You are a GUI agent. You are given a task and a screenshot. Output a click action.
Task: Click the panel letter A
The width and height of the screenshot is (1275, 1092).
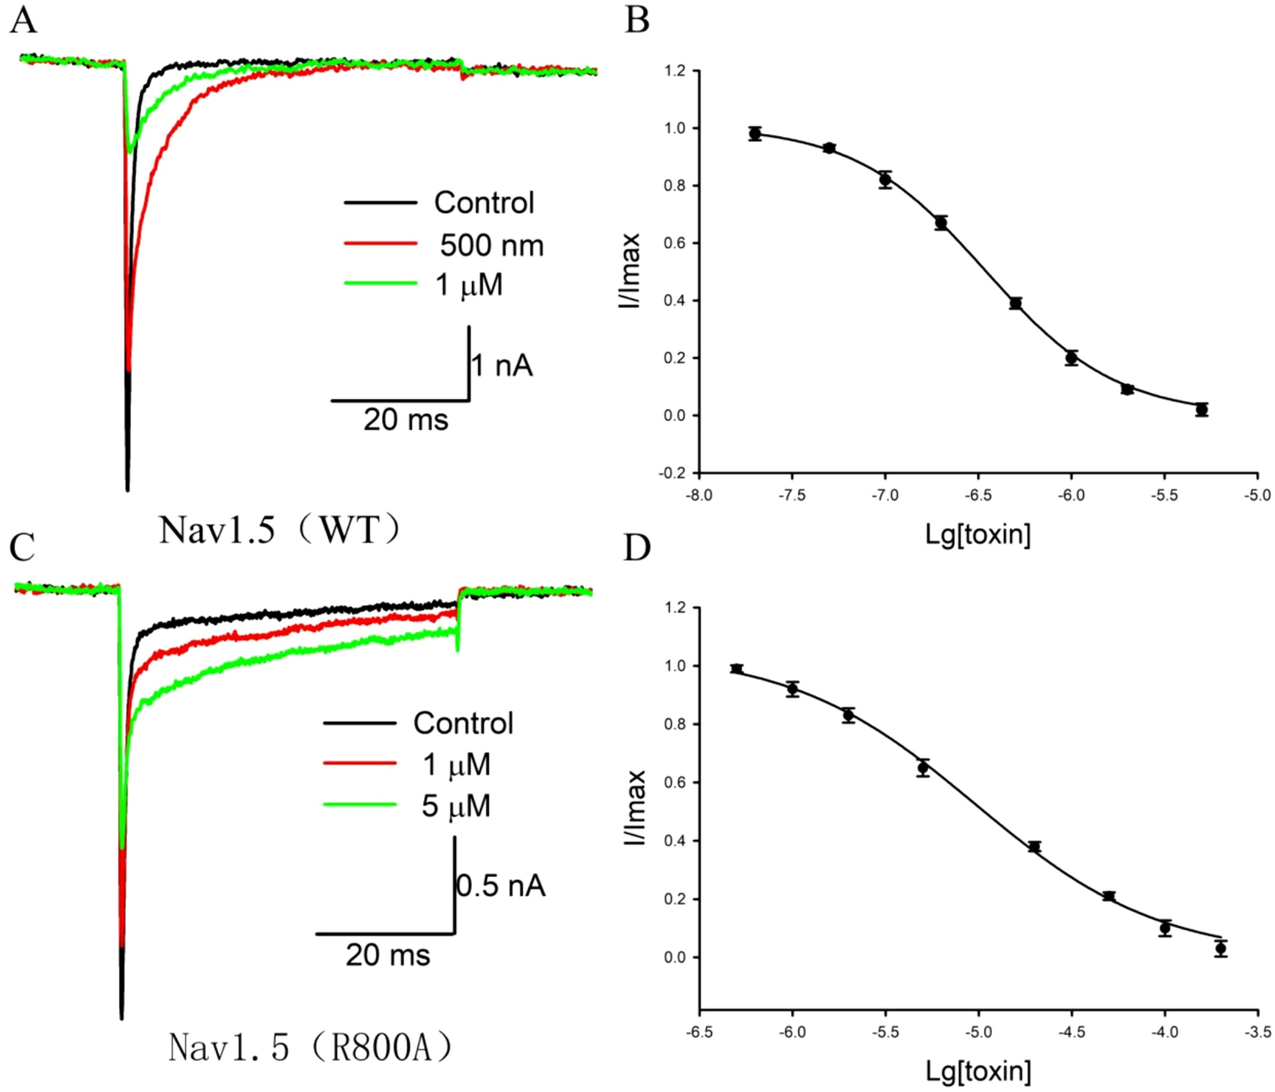click(23, 19)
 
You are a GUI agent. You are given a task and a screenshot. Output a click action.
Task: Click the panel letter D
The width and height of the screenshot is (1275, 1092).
click(637, 547)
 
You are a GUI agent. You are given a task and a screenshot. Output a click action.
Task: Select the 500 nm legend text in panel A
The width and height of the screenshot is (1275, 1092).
click(492, 245)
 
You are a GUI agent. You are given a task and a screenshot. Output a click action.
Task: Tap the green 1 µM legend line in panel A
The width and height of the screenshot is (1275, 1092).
click(380, 284)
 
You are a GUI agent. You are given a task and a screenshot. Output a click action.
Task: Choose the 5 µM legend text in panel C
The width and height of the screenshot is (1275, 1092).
click(456, 806)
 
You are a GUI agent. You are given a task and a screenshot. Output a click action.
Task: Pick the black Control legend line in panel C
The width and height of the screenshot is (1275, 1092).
click(359, 723)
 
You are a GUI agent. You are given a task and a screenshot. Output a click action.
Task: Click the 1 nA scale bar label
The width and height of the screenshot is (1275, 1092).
click(502, 366)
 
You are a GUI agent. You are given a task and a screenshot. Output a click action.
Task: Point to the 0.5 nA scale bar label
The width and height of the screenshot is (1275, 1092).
click(501, 886)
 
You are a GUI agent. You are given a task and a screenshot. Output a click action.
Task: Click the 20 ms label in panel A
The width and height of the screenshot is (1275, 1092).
click(406, 420)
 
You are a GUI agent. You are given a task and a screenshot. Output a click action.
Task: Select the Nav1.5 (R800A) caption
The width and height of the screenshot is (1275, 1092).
click(310, 1047)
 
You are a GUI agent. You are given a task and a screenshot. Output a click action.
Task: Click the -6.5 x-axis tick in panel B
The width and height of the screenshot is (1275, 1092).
click(978, 495)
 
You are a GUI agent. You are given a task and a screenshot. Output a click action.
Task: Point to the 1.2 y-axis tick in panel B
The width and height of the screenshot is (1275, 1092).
click(675, 71)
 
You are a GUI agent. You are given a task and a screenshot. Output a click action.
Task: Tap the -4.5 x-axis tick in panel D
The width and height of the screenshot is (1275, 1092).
click(1071, 1032)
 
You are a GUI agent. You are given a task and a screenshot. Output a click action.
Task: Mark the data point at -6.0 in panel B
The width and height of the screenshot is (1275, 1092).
click(1071, 358)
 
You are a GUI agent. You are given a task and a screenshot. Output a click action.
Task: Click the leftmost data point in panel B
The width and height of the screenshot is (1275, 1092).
click(755, 134)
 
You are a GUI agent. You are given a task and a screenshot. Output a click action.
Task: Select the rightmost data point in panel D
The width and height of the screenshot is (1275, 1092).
click(1220, 949)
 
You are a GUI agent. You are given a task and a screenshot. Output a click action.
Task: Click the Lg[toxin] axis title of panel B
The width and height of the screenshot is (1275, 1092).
click(977, 534)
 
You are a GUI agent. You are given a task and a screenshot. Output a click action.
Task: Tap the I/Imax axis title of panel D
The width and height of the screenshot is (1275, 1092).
click(635, 807)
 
